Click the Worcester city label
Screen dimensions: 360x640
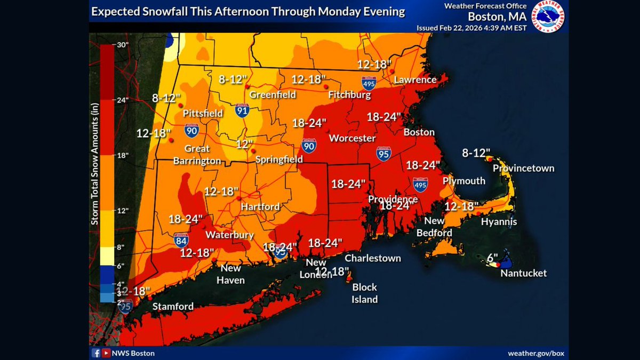pos(352,138)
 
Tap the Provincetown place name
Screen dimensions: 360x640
pos(523,169)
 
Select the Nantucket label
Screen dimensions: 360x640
pos(523,273)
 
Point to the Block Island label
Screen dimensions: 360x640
pos(364,293)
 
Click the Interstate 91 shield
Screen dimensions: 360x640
pos(242,110)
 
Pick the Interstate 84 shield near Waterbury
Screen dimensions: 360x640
pos(181,240)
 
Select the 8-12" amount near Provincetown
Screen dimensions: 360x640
pos(476,154)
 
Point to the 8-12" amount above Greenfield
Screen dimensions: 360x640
pos(233,80)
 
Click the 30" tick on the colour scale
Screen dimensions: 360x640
pos(122,45)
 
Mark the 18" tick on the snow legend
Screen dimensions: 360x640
pos(122,155)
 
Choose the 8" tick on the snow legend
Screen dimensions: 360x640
pos(122,247)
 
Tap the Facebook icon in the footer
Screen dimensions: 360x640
pos(96,353)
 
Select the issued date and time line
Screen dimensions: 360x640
pos(471,27)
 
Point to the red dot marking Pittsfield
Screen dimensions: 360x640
pos(180,105)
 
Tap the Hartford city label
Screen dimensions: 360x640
pos(260,207)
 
